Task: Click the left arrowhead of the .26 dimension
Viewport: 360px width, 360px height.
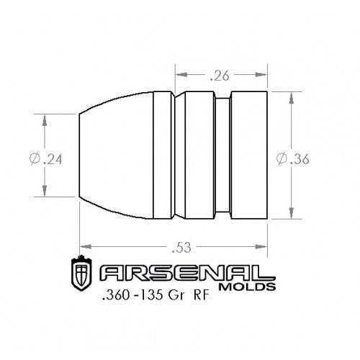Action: [179, 74]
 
